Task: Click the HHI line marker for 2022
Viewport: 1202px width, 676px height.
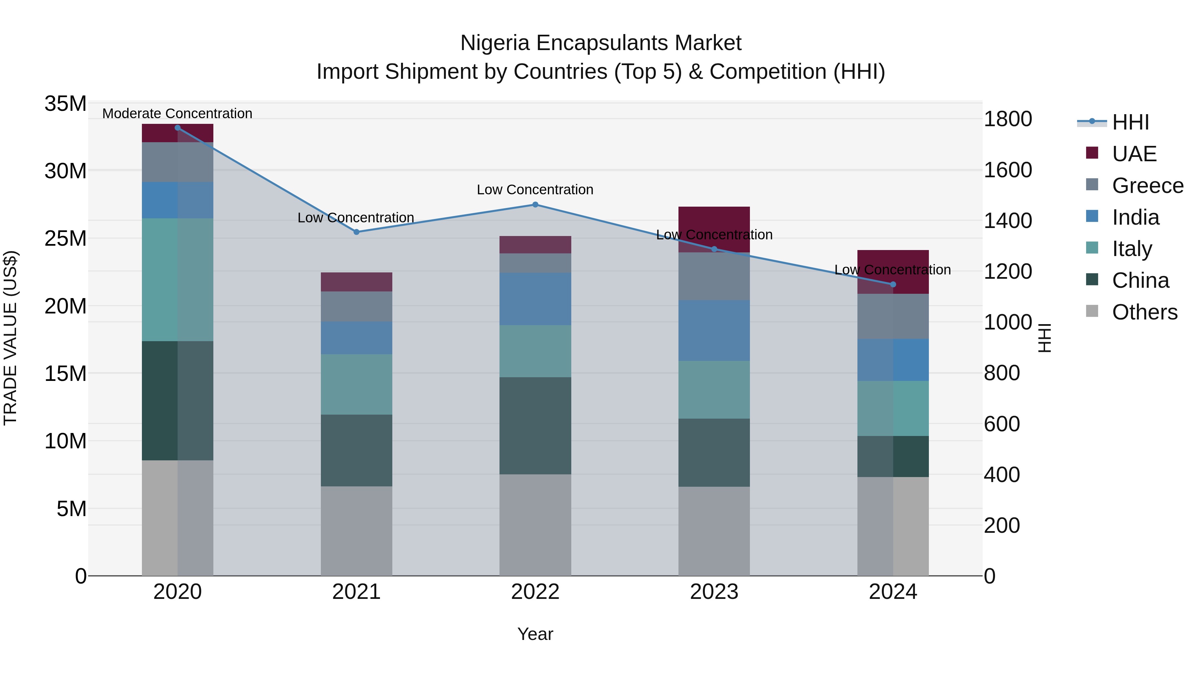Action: click(x=535, y=205)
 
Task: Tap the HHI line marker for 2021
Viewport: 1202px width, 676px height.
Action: click(x=357, y=232)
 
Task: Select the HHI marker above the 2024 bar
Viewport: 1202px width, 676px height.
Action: click(x=893, y=284)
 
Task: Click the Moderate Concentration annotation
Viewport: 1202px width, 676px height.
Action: click(x=177, y=114)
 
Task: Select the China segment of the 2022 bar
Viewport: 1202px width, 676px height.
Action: click(x=535, y=426)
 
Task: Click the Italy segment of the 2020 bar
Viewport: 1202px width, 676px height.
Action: click(x=177, y=280)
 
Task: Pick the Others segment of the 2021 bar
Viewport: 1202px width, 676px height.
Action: click(x=357, y=531)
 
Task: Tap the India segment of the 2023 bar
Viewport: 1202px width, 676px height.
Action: click(x=714, y=330)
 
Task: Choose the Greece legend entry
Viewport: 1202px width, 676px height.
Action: click(x=1147, y=186)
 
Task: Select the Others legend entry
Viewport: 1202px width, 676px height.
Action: click(x=1144, y=312)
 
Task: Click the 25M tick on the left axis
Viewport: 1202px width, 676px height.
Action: click(x=65, y=238)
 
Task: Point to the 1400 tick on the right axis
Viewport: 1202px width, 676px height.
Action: click(x=1008, y=221)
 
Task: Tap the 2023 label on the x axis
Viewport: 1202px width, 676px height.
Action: click(x=714, y=592)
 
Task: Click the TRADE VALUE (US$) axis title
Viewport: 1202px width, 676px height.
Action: click(x=11, y=338)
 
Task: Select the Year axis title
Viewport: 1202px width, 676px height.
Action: click(x=535, y=634)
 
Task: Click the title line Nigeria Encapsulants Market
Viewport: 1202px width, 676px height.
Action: click(x=601, y=43)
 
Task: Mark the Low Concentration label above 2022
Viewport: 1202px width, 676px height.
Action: click(x=535, y=190)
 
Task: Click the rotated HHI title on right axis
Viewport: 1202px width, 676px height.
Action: click(x=1045, y=338)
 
